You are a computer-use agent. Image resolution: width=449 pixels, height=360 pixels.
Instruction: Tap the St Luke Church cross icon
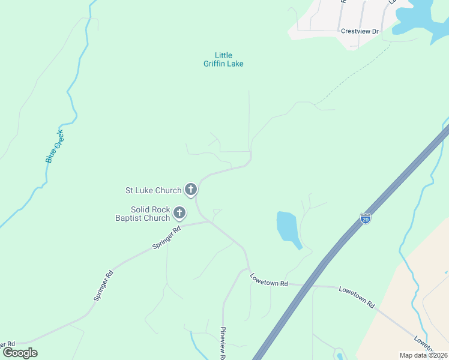click(x=191, y=190)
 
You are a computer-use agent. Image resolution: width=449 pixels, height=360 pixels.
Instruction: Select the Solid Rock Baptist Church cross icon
click(x=179, y=212)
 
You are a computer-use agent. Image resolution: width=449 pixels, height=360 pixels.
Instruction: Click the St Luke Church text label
click(x=153, y=190)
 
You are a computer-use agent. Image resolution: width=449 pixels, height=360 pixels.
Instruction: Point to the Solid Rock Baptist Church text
click(x=143, y=214)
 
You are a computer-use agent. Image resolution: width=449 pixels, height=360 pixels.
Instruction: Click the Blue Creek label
click(x=55, y=146)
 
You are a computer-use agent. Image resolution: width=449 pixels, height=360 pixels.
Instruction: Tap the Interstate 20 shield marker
click(x=366, y=218)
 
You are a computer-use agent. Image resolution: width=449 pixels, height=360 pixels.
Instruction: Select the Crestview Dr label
click(x=360, y=31)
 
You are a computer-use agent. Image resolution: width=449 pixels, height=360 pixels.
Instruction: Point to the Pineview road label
click(x=222, y=343)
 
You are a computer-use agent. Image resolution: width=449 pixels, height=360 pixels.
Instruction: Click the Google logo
click(x=20, y=353)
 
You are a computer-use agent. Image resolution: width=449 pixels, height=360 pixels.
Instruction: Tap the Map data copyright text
click(x=423, y=355)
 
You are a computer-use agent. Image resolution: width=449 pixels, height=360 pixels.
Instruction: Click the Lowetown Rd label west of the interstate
click(x=270, y=280)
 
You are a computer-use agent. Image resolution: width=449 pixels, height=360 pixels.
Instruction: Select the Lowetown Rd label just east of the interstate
click(x=357, y=297)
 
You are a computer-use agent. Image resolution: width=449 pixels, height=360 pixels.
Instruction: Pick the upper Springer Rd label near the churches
click(x=167, y=238)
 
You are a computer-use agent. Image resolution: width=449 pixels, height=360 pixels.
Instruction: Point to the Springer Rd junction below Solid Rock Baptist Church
click(x=209, y=221)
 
